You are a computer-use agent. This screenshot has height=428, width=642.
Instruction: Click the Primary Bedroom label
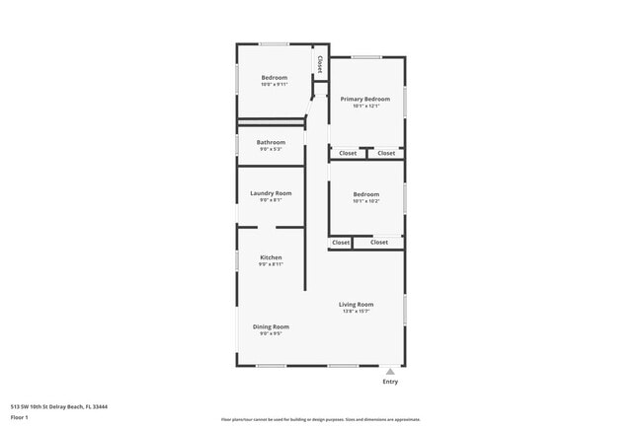(x=365, y=100)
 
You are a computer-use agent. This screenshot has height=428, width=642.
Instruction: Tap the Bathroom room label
(x=271, y=142)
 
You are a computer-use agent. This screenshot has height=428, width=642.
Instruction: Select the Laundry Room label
(x=271, y=193)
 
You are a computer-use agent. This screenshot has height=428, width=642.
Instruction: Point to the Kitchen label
(x=271, y=257)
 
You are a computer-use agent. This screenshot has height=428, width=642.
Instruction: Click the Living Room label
(x=356, y=305)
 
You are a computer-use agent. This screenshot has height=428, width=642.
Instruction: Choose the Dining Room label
(x=271, y=326)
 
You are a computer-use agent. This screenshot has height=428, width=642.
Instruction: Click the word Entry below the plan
(x=390, y=382)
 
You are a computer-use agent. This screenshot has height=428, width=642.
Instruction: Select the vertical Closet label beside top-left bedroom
(x=320, y=64)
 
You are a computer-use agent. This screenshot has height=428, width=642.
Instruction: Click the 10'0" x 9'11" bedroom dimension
(x=274, y=85)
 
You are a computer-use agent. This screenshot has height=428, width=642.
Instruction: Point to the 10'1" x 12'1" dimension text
(x=365, y=107)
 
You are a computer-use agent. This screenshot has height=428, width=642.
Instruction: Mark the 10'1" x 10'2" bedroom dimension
(x=365, y=201)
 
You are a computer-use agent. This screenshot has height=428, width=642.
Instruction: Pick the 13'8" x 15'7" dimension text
(x=356, y=312)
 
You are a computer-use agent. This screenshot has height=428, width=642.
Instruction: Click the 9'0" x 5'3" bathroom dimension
(x=271, y=149)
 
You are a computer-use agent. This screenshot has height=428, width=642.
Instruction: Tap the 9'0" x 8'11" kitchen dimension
(x=271, y=264)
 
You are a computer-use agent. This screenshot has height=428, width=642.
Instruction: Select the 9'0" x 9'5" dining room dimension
(x=271, y=333)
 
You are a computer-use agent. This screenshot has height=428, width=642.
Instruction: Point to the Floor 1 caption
(x=20, y=417)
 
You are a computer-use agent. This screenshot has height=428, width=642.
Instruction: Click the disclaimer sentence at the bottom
(x=321, y=419)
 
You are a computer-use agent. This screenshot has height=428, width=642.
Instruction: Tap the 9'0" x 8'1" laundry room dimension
(x=271, y=200)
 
